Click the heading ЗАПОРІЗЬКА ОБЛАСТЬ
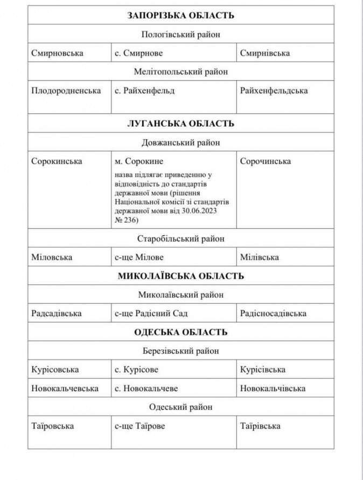pyautogui.click(x=181, y=16)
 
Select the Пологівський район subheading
pyautogui.click(x=181, y=35)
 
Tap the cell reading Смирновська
pyautogui.click(x=57, y=53)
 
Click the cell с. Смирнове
pyautogui.click(x=138, y=53)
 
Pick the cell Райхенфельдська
pyautogui.click(x=274, y=91)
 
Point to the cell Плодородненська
pyautogui.click(x=66, y=91)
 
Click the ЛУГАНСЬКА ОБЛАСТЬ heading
pyautogui.click(x=181, y=124)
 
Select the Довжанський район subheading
pyautogui.click(x=181, y=142)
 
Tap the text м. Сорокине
pyautogui.click(x=139, y=161)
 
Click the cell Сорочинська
pyautogui.click(x=266, y=161)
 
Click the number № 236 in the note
pyautogui.click(x=125, y=220)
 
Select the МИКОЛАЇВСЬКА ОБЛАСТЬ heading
pyautogui.click(x=181, y=276)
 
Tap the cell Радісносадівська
pyautogui.click(x=273, y=313)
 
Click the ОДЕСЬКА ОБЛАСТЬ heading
pyautogui.click(x=181, y=332)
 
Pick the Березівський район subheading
pyautogui.click(x=181, y=351)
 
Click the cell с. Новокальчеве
pyautogui.click(x=146, y=388)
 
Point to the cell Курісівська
pyautogui.click(x=263, y=369)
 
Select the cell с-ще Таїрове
pyautogui.click(x=140, y=426)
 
